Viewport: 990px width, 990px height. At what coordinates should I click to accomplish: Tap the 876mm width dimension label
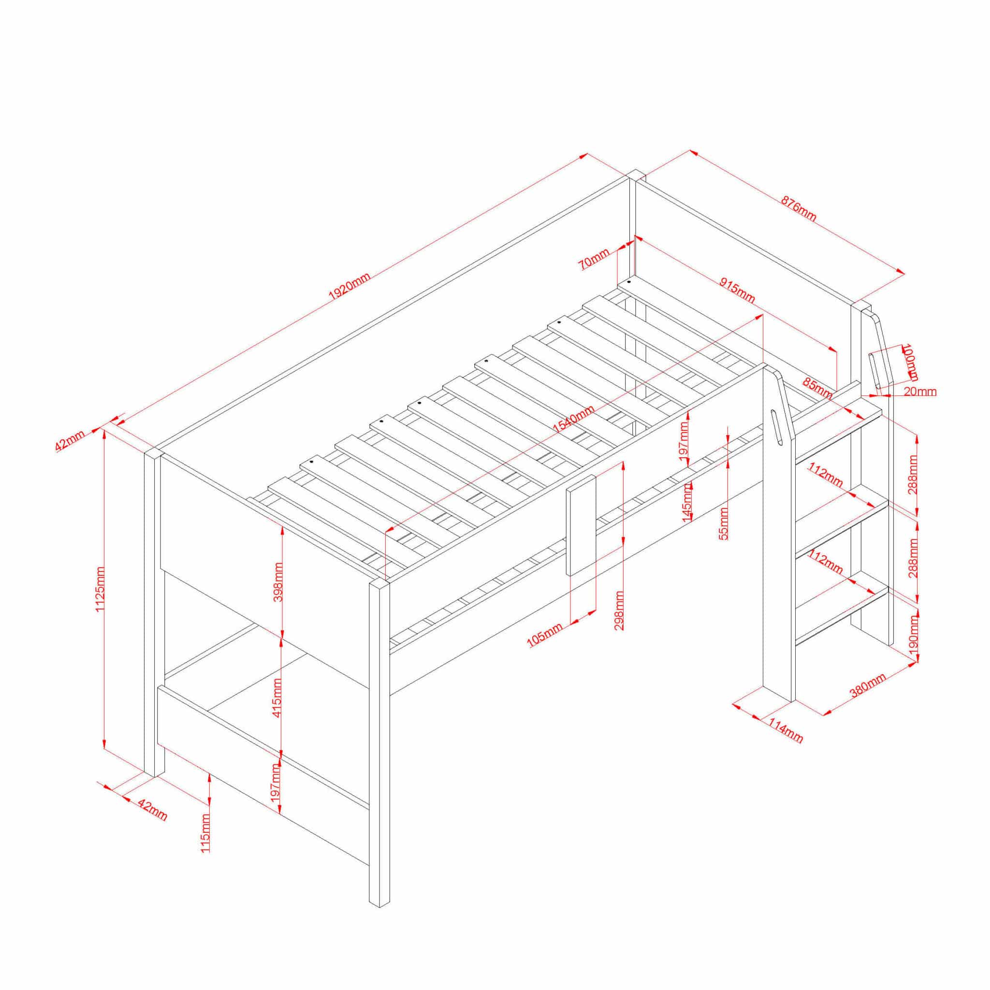tap(799, 208)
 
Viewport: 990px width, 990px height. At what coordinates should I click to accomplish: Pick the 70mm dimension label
tap(594, 259)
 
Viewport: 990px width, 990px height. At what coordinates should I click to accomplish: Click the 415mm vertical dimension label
tap(277, 698)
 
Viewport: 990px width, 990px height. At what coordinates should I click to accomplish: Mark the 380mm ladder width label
tap(868, 685)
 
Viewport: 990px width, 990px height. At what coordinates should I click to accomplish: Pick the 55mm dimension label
tap(724, 523)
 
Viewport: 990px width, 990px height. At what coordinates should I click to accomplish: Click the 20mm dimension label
tap(920, 392)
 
